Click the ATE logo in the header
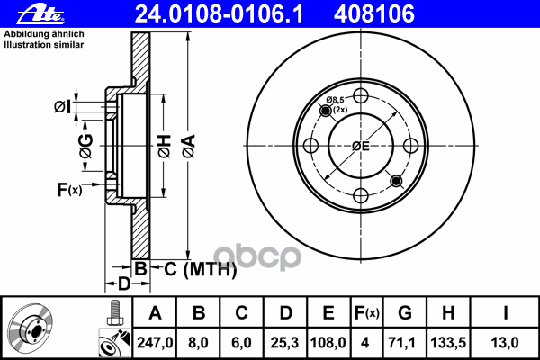tap(40, 14)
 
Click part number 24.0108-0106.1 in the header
tap(220, 14)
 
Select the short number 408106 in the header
tap(374, 14)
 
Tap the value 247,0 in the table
tap(155, 343)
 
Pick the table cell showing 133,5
tap(448, 343)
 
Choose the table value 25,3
tap(285, 343)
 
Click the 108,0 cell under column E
tap(328, 343)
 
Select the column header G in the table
tap(405, 313)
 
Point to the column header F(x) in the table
tap(367, 313)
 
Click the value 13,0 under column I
tap(505, 343)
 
